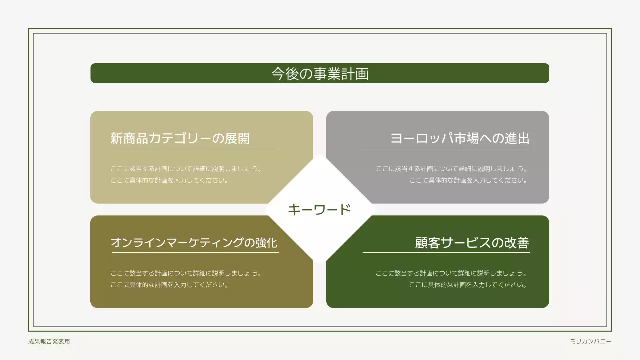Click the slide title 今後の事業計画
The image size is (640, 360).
coord(320,74)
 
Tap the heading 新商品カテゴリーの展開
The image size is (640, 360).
coord(180,138)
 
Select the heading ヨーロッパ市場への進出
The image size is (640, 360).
coord(459,138)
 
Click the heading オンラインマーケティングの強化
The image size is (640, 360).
coord(194,243)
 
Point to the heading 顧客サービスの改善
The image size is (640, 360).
coord(472,243)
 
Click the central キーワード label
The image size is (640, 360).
coord(320,210)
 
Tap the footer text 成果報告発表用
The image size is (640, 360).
coord(49,342)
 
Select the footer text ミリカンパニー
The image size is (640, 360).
coord(590,342)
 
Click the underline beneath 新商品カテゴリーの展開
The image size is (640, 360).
coord(195,148)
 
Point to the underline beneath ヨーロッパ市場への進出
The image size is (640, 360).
coord(446,148)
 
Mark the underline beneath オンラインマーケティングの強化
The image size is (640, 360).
coord(195,253)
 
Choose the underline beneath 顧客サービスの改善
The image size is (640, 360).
coord(446,253)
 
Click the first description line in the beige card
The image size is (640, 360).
coord(186,169)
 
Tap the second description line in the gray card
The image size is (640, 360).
coord(468,180)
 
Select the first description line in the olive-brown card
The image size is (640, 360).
coord(186,273)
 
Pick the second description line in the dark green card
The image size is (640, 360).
coord(468,285)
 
